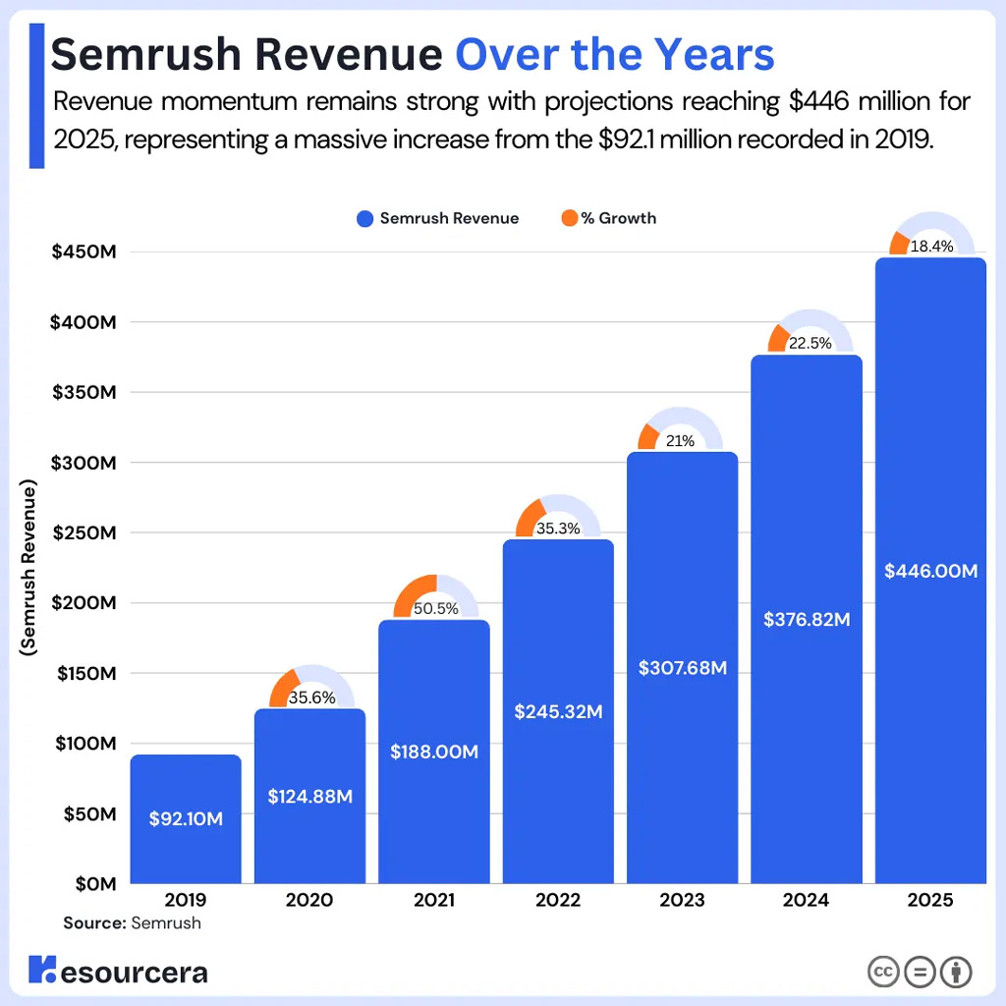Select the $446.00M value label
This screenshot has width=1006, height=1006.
point(930,571)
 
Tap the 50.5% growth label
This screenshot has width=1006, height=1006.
point(435,608)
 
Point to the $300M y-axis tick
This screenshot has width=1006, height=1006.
point(84,463)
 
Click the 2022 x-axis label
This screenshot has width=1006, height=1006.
point(557,900)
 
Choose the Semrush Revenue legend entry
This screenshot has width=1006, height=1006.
point(438,218)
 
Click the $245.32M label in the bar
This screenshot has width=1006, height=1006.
point(558,711)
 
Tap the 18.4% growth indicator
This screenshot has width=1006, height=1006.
point(931,247)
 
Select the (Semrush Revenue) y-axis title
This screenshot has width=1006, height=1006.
point(28,569)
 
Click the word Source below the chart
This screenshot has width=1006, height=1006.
point(94,923)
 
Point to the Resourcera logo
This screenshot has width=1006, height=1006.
point(118,972)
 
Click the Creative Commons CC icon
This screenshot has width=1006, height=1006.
point(884,972)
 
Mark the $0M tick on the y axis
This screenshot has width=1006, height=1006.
point(95,884)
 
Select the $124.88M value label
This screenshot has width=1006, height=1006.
point(309,797)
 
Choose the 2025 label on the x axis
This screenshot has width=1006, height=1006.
point(930,900)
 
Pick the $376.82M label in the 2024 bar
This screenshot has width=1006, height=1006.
point(807,620)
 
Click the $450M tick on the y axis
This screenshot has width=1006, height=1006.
point(84,252)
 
